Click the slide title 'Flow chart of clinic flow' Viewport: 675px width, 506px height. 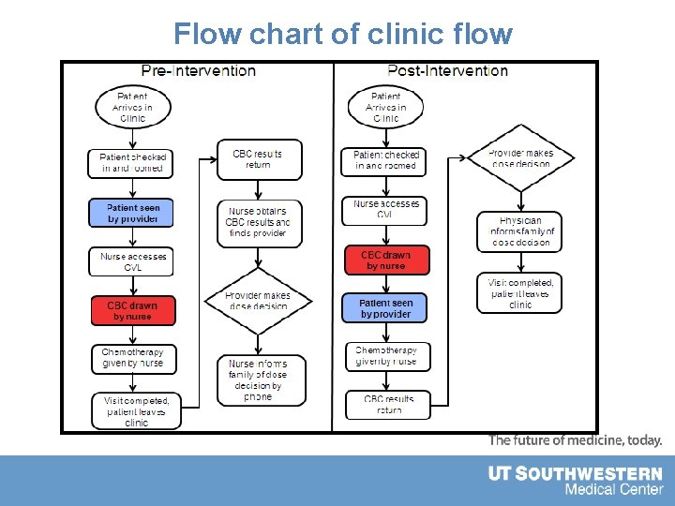click(x=343, y=35)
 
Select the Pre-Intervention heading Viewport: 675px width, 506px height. click(x=198, y=70)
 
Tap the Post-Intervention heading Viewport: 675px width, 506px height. click(x=447, y=70)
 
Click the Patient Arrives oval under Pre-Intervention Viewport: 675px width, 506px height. click(x=132, y=107)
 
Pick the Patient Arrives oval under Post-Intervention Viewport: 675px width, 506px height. click(x=385, y=107)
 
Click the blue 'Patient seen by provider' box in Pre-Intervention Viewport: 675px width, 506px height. click(x=132, y=213)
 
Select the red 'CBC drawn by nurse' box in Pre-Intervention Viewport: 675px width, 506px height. click(x=132, y=310)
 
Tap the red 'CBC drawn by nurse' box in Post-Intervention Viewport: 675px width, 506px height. click(x=385, y=260)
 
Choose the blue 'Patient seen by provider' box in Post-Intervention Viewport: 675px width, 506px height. click(x=385, y=308)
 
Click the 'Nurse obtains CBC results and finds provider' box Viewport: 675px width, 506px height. click(x=259, y=223)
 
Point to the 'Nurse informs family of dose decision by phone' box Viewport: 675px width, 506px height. click(x=258, y=379)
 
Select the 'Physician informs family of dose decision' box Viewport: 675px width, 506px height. click(x=521, y=231)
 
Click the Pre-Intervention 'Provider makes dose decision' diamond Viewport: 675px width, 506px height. click(x=258, y=301)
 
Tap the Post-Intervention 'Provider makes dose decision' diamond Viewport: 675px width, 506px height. click(x=521, y=158)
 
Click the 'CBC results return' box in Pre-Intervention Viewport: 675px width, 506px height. click(x=259, y=159)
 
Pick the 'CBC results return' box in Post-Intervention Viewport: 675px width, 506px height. click(x=388, y=404)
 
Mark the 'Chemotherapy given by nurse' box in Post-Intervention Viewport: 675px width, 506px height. click(x=387, y=356)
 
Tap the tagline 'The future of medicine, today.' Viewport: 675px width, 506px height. click(x=575, y=440)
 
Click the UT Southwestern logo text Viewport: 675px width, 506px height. click(x=575, y=481)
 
